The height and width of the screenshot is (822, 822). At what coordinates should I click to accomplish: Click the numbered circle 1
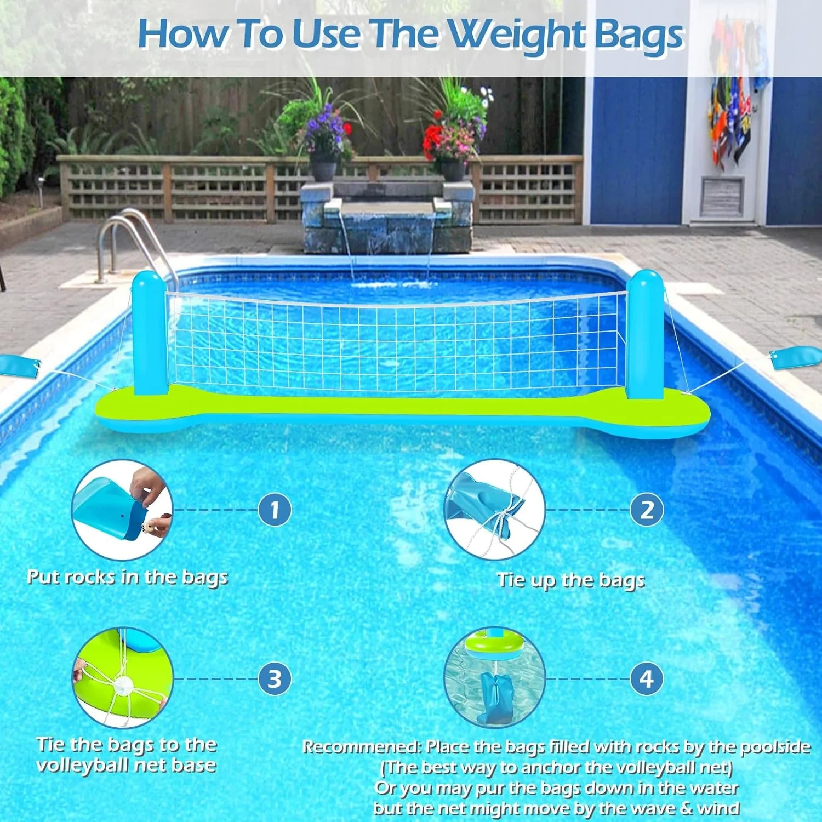275,510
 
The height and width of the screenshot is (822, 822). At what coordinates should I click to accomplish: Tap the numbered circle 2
647,510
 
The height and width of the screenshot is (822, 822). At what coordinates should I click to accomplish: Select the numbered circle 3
275,678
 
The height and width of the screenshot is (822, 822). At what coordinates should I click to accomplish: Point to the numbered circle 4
647,678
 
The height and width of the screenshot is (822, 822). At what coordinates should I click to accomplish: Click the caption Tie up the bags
570,580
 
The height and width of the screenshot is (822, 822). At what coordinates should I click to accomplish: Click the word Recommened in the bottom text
359,747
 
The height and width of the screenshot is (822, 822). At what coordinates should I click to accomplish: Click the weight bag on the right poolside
795,359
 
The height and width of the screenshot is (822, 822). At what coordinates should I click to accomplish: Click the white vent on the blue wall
721,196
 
